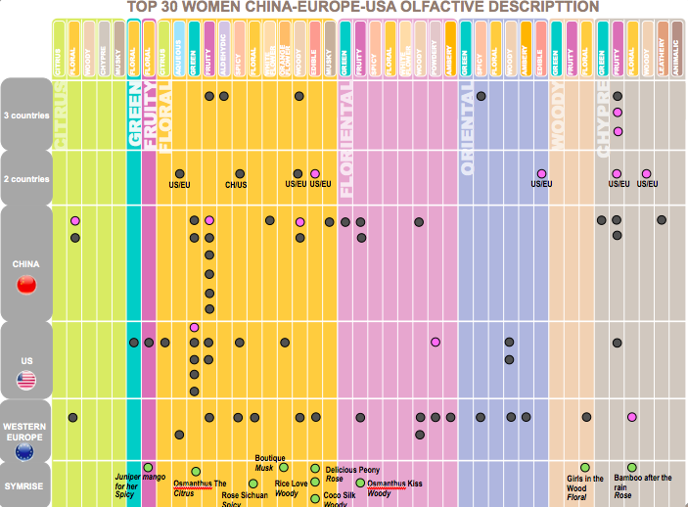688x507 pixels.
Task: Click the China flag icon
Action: [x=26, y=285]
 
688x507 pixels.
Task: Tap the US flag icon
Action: [x=26, y=381]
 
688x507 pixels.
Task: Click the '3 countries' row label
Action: [x=26, y=113]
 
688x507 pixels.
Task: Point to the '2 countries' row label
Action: [x=26, y=178]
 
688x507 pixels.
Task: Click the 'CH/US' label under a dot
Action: [x=236, y=184]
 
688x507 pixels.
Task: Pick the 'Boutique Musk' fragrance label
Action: [x=269, y=463]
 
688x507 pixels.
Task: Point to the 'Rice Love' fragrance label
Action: [x=291, y=484]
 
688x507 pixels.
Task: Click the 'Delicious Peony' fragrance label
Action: [x=352, y=470]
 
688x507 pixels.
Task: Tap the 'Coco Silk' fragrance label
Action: [x=340, y=496]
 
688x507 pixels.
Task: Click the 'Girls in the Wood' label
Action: [x=585, y=483]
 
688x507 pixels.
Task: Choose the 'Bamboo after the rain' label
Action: [x=642, y=479]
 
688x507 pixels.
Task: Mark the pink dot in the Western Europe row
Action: [x=632, y=418]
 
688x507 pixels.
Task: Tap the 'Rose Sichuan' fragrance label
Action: [x=244, y=496]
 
